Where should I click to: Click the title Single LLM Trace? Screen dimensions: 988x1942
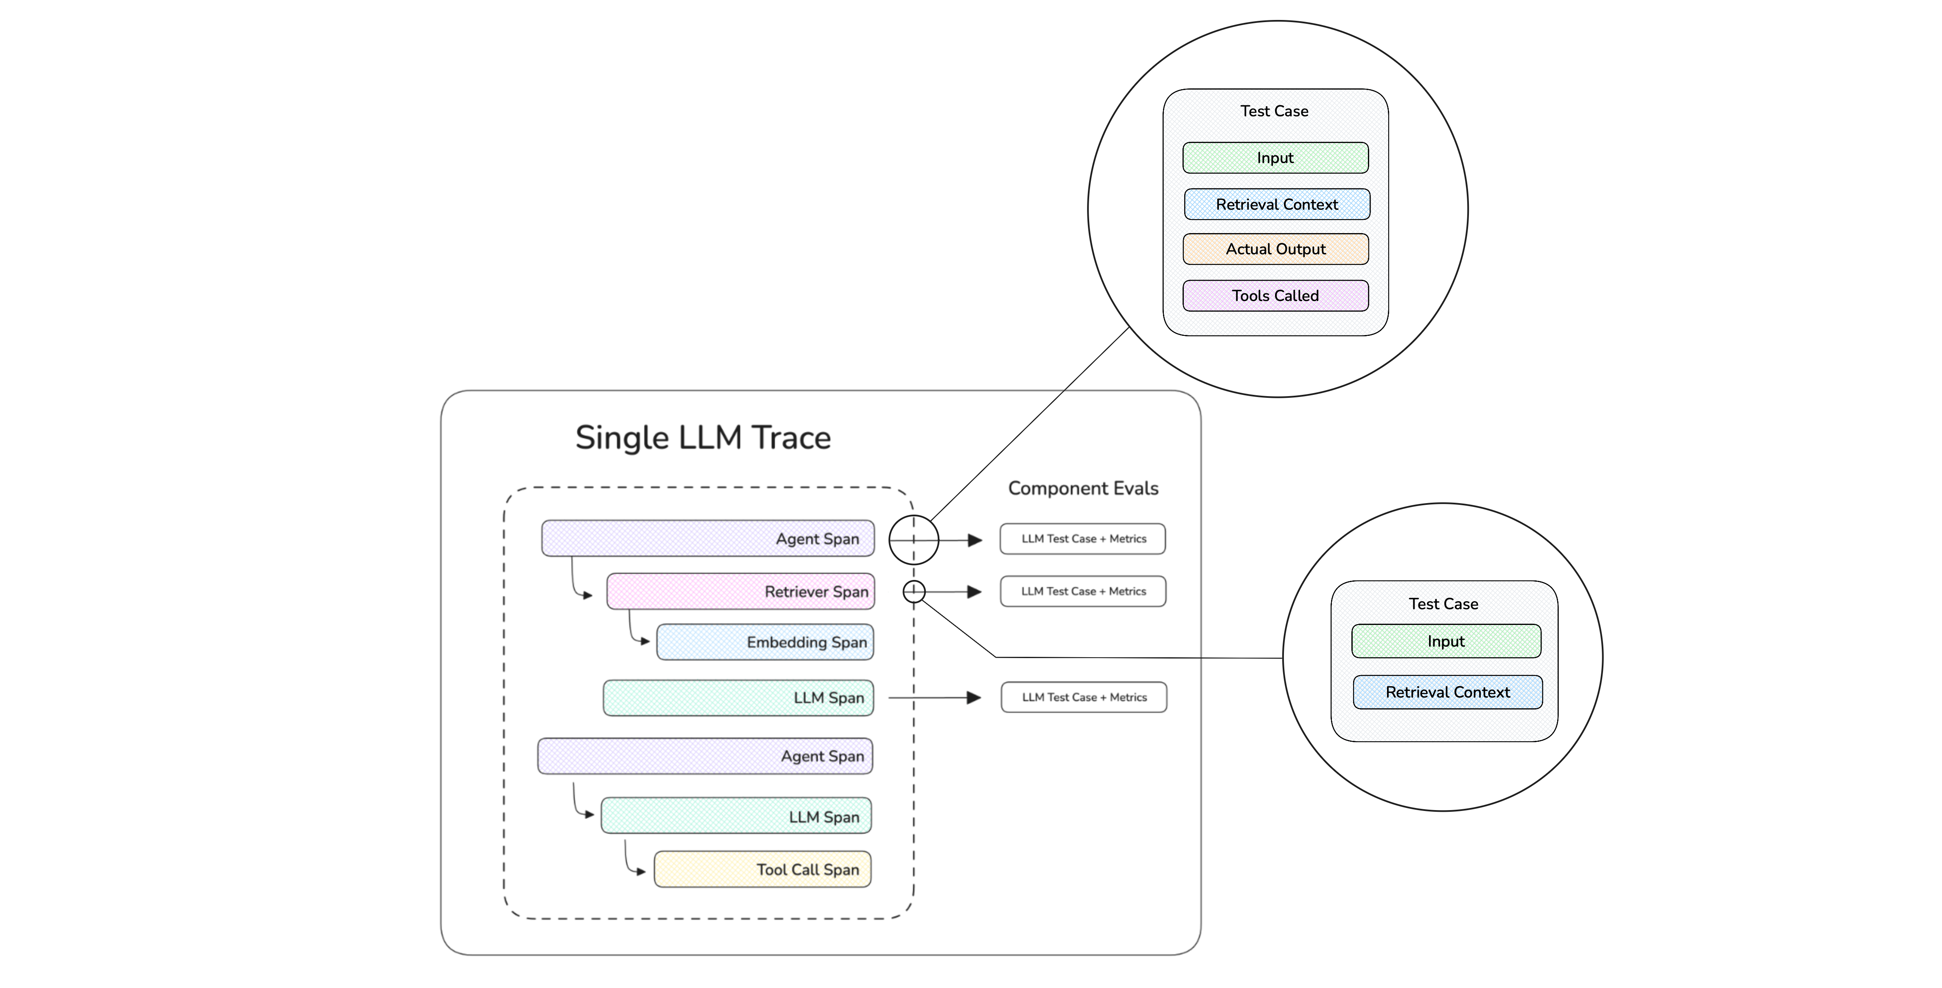(x=703, y=437)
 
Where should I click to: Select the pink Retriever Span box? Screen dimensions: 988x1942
(x=740, y=591)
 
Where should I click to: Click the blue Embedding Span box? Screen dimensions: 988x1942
(x=765, y=642)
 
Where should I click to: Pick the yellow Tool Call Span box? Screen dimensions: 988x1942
(x=762, y=870)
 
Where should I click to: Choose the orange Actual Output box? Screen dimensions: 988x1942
(x=1275, y=249)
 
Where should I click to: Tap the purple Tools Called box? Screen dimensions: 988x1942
(x=1275, y=296)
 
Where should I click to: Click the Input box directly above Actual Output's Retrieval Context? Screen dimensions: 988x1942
(x=1275, y=158)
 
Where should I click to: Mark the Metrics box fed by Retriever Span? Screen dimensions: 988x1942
(x=1082, y=591)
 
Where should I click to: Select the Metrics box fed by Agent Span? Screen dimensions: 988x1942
(x=1082, y=538)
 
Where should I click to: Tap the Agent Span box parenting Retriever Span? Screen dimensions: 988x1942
(x=707, y=538)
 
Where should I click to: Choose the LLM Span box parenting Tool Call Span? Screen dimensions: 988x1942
(x=736, y=816)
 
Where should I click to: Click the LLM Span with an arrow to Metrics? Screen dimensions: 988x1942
(x=738, y=698)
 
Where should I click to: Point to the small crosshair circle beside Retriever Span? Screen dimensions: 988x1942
(x=914, y=592)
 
